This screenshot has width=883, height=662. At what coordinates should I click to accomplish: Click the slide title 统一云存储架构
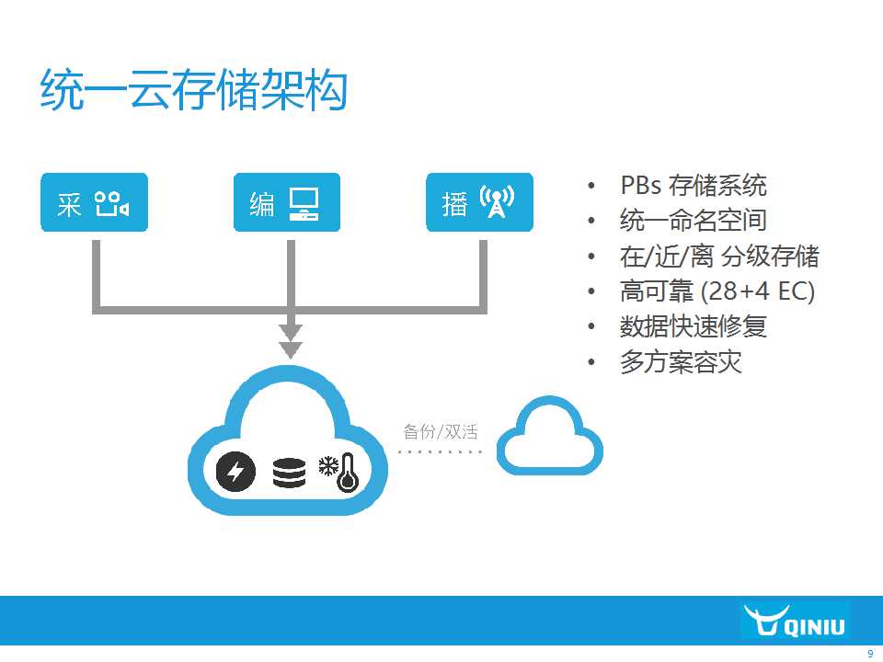pyautogui.click(x=193, y=90)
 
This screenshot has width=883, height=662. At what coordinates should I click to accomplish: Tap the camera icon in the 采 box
pyautogui.click(x=111, y=204)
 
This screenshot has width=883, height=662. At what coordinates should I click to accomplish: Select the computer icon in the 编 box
pyautogui.click(x=304, y=203)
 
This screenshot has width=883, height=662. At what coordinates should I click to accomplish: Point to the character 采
pyautogui.click(x=69, y=204)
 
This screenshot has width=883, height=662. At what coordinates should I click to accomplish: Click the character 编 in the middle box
pyautogui.click(x=262, y=204)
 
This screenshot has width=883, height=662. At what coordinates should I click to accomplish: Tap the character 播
pyautogui.click(x=454, y=204)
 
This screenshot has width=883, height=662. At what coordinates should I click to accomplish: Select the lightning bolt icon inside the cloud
pyautogui.click(x=236, y=471)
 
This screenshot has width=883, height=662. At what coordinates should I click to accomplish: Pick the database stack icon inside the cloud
pyautogui.click(x=290, y=473)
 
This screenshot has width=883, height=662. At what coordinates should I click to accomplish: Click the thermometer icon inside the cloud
pyautogui.click(x=348, y=473)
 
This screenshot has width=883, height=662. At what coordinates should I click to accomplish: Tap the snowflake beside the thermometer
pyautogui.click(x=327, y=466)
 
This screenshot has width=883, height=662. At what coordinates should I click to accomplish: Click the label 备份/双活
pyautogui.click(x=441, y=432)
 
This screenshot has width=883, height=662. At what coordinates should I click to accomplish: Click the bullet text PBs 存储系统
pyautogui.click(x=694, y=185)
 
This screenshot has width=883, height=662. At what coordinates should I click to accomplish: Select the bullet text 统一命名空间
pyautogui.click(x=694, y=220)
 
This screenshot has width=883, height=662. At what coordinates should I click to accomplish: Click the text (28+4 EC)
pyautogui.click(x=758, y=291)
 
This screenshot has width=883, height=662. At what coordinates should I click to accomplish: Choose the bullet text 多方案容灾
pyautogui.click(x=681, y=362)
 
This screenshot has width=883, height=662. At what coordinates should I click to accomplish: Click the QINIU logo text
pyautogui.click(x=814, y=626)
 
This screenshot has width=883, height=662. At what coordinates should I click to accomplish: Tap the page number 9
pyautogui.click(x=870, y=654)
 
